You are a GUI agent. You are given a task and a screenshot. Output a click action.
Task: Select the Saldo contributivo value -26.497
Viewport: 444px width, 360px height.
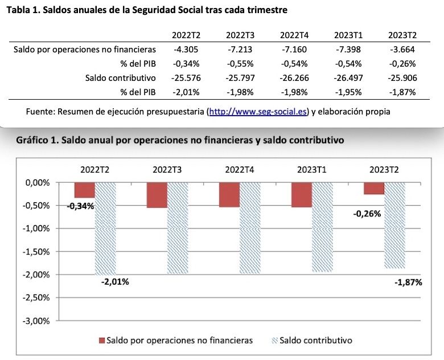[347, 77]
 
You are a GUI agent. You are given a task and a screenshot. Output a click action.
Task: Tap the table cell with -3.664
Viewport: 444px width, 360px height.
[402, 49]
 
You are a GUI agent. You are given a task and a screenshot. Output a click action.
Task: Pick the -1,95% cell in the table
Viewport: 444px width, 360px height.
[347, 92]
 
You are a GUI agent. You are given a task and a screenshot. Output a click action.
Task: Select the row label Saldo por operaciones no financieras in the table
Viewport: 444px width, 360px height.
[84, 49]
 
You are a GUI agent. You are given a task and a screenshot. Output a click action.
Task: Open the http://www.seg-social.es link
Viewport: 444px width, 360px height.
[258, 112]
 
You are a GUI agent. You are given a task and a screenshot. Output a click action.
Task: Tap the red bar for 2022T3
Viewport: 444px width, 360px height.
[157, 195]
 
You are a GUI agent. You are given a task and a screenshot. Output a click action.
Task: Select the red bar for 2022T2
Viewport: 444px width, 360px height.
[84, 190]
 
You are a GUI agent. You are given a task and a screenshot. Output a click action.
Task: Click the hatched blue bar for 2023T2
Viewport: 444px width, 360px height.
[394, 225]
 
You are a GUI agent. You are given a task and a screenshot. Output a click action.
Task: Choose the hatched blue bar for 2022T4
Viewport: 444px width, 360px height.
[249, 228]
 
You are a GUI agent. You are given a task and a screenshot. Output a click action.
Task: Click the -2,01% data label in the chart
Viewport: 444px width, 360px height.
[116, 281]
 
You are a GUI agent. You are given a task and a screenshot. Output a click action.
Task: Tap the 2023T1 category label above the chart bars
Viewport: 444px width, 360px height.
[312, 169]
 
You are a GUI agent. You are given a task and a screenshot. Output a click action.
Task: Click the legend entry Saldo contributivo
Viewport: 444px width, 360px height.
[316, 340]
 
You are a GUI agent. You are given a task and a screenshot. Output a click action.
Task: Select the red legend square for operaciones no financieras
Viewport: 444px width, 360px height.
[102, 340]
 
